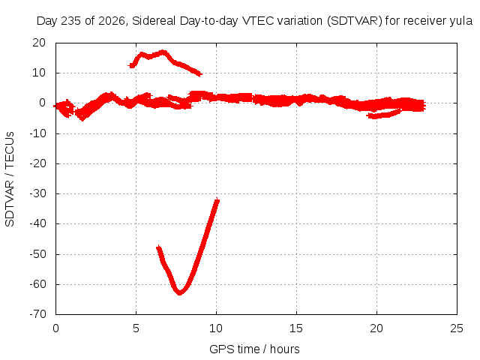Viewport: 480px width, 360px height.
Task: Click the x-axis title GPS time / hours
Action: click(254, 349)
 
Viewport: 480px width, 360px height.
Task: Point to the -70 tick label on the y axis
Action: click(37, 314)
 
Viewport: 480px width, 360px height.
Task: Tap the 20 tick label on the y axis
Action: click(39, 43)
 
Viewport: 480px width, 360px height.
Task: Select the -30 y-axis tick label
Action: click(37, 193)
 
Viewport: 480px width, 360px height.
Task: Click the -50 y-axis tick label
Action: click(37, 254)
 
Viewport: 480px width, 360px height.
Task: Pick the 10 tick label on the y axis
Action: click(39, 73)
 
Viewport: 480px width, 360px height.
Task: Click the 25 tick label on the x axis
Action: click(457, 328)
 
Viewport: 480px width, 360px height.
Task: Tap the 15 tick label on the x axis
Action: click(296, 328)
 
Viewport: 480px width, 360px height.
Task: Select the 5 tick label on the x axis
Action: click(136, 328)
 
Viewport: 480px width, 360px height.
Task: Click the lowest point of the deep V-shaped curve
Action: click(180, 293)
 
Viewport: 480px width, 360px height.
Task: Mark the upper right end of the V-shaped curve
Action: click(217, 199)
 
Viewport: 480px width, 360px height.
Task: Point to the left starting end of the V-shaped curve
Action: click(158, 247)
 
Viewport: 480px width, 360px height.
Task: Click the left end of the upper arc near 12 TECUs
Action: click(131, 65)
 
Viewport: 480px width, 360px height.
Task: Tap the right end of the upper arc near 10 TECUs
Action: click(200, 73)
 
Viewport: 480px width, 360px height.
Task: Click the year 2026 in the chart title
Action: click(112, 21)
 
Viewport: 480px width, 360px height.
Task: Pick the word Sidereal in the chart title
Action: click(154, 21)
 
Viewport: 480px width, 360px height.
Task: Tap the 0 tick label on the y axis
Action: click(42, 103)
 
